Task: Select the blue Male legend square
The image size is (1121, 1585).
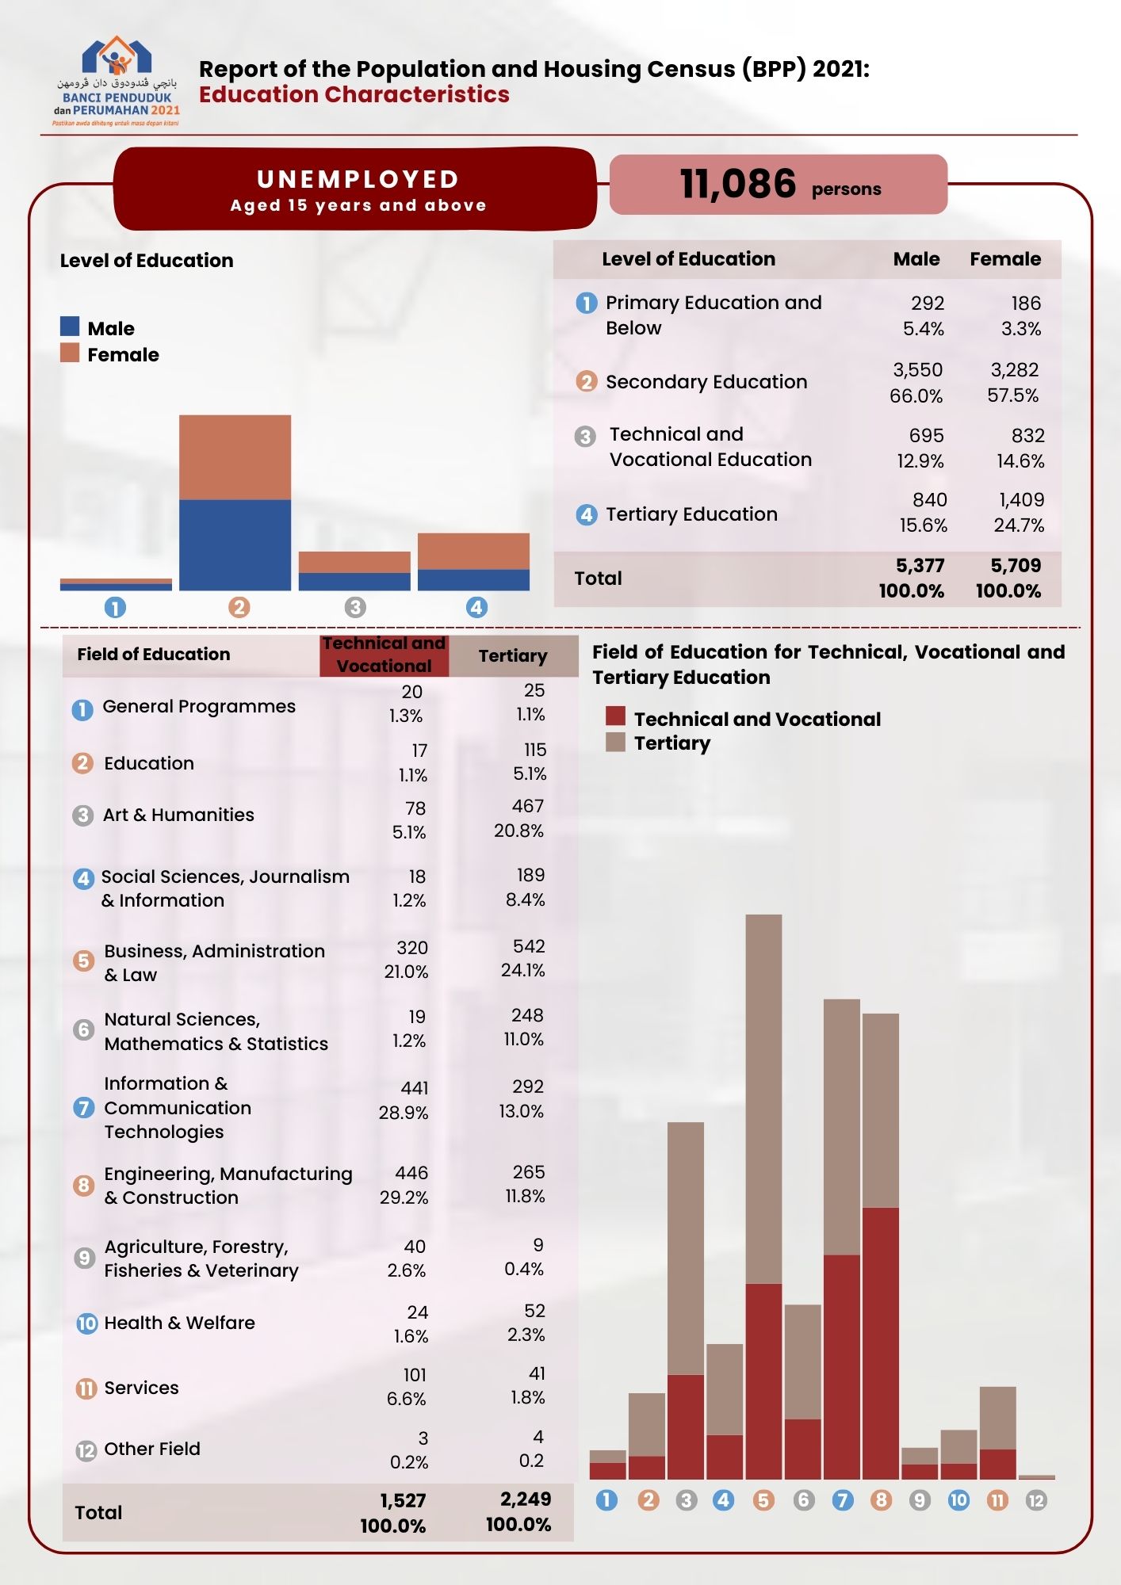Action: [x=70, y=327]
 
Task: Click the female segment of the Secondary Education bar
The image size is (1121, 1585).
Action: [x=235, y=457]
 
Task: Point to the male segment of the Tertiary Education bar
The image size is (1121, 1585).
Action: [x=473, y=579]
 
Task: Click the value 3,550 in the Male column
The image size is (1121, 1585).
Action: [x=917, y=370]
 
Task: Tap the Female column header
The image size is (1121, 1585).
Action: [x=1004, y=259]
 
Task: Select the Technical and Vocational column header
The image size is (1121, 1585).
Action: [x=385, y=655]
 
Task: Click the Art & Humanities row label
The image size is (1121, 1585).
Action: [x=178, y=815]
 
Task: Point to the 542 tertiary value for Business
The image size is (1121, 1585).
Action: [x=529, y=946]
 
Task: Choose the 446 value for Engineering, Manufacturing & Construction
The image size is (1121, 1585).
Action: [x=411, y=1173]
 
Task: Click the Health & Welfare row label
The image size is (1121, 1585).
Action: [x=179, y=1323]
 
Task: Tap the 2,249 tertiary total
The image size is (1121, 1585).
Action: [x=525, y=1499]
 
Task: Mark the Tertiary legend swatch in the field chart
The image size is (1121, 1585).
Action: [x=615, y=743]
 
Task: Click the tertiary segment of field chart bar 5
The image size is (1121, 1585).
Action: [x=763, y=1098]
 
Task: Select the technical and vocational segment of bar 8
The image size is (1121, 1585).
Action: [x=880, y=1342]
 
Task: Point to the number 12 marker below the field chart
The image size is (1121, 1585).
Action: [x=1035, y=1500]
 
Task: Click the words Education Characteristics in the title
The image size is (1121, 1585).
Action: [x=354, y=94]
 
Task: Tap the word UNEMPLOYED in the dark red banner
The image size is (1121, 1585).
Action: [x=358, y=179]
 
